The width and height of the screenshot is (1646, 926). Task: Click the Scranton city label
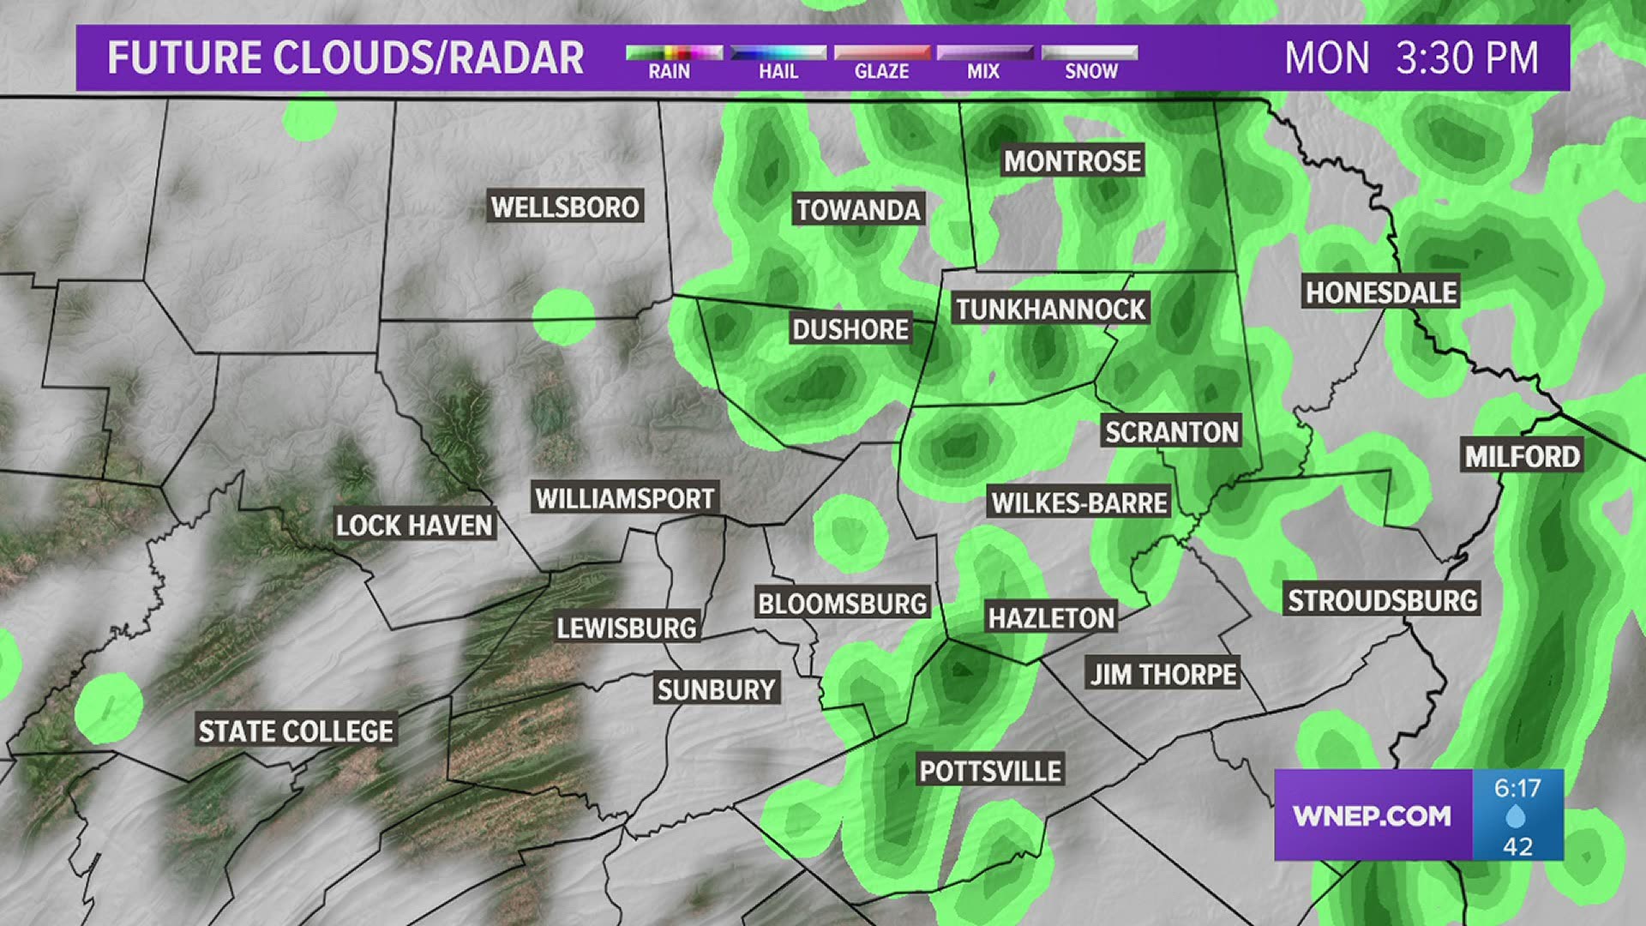point(1171,431)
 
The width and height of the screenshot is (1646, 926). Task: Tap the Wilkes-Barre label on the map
point(1079,502)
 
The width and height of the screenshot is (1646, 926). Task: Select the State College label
point(296,731)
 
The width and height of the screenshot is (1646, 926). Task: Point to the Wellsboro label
point(565,207)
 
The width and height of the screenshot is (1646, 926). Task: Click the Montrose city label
point(1072,161)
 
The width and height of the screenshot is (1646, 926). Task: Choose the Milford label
point(1522,456)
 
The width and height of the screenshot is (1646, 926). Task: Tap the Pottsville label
point(990,771)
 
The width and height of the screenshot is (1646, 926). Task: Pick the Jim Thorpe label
point(1163,675)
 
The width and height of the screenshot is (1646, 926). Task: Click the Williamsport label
point(624,498)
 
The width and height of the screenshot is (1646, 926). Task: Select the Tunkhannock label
point(1050,310)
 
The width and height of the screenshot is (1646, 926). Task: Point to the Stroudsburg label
point(1382,600)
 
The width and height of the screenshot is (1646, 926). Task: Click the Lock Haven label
point(414,526)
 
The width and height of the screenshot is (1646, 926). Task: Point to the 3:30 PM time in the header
point(1467,58)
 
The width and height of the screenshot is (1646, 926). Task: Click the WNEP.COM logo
point(1372,815)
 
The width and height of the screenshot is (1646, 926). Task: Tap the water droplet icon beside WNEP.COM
point(1517,817)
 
